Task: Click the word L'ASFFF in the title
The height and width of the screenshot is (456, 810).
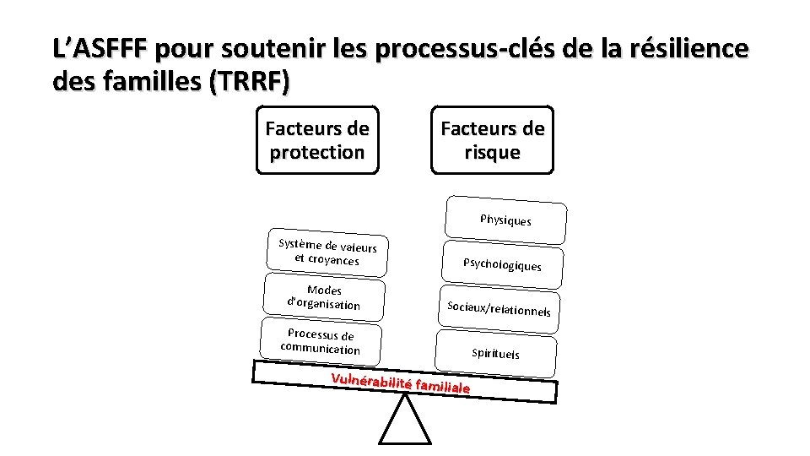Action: click(x=100, y=48)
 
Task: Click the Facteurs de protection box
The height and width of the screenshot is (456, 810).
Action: click(x=317, y=140)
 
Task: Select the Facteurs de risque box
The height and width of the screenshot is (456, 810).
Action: click(x=493, y=140)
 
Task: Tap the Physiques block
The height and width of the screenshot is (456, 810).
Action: click(x=506, y=220)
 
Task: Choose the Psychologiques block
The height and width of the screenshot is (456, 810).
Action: click(x=502, y=264)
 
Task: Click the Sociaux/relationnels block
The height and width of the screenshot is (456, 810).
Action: click(x=499, y=309)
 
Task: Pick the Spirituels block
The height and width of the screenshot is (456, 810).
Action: click(x=496, y=353)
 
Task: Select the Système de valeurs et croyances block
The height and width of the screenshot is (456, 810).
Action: click(x=328, y=252)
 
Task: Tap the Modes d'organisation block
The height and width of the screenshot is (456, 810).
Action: click(x=324, y=297)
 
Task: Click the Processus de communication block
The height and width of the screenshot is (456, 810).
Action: click(x=321, y=342)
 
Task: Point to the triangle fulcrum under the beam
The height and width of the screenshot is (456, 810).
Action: click(x=405, y=422)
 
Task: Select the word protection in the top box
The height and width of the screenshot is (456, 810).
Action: click(x=317, y=152)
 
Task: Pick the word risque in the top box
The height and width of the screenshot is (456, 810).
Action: click(x=493, y=152)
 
